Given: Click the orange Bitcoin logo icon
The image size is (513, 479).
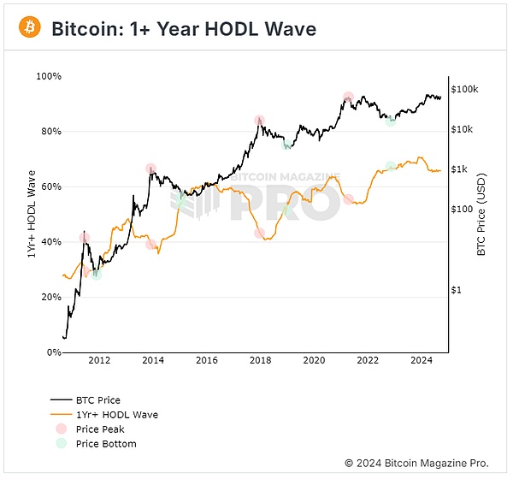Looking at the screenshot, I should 30,28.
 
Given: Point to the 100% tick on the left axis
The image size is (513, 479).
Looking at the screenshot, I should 49,77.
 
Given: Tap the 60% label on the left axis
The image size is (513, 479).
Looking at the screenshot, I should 50,186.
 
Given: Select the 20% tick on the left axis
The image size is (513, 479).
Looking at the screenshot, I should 50,297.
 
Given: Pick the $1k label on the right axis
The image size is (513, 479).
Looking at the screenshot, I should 461,169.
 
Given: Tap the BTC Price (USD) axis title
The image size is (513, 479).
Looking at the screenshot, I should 481,214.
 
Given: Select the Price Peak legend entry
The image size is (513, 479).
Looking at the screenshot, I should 98,429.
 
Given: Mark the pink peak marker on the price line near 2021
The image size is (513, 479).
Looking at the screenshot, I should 348,98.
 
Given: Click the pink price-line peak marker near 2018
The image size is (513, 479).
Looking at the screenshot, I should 259,121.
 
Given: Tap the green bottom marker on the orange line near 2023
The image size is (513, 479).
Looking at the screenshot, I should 391,166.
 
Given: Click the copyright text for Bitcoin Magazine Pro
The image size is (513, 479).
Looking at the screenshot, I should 416,463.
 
